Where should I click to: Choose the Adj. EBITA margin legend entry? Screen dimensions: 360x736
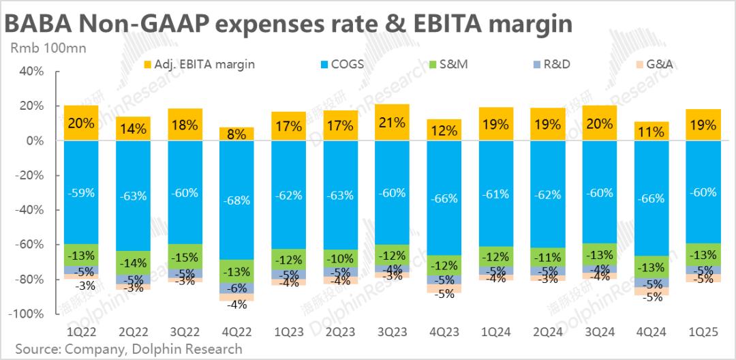pos(199,65)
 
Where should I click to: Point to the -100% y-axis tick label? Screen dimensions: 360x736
pos(28,314)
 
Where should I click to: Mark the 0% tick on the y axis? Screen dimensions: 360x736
pos(35,140)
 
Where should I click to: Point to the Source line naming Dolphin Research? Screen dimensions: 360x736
pos(123,349)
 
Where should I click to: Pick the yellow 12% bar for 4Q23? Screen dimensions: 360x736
pos(444,130)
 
